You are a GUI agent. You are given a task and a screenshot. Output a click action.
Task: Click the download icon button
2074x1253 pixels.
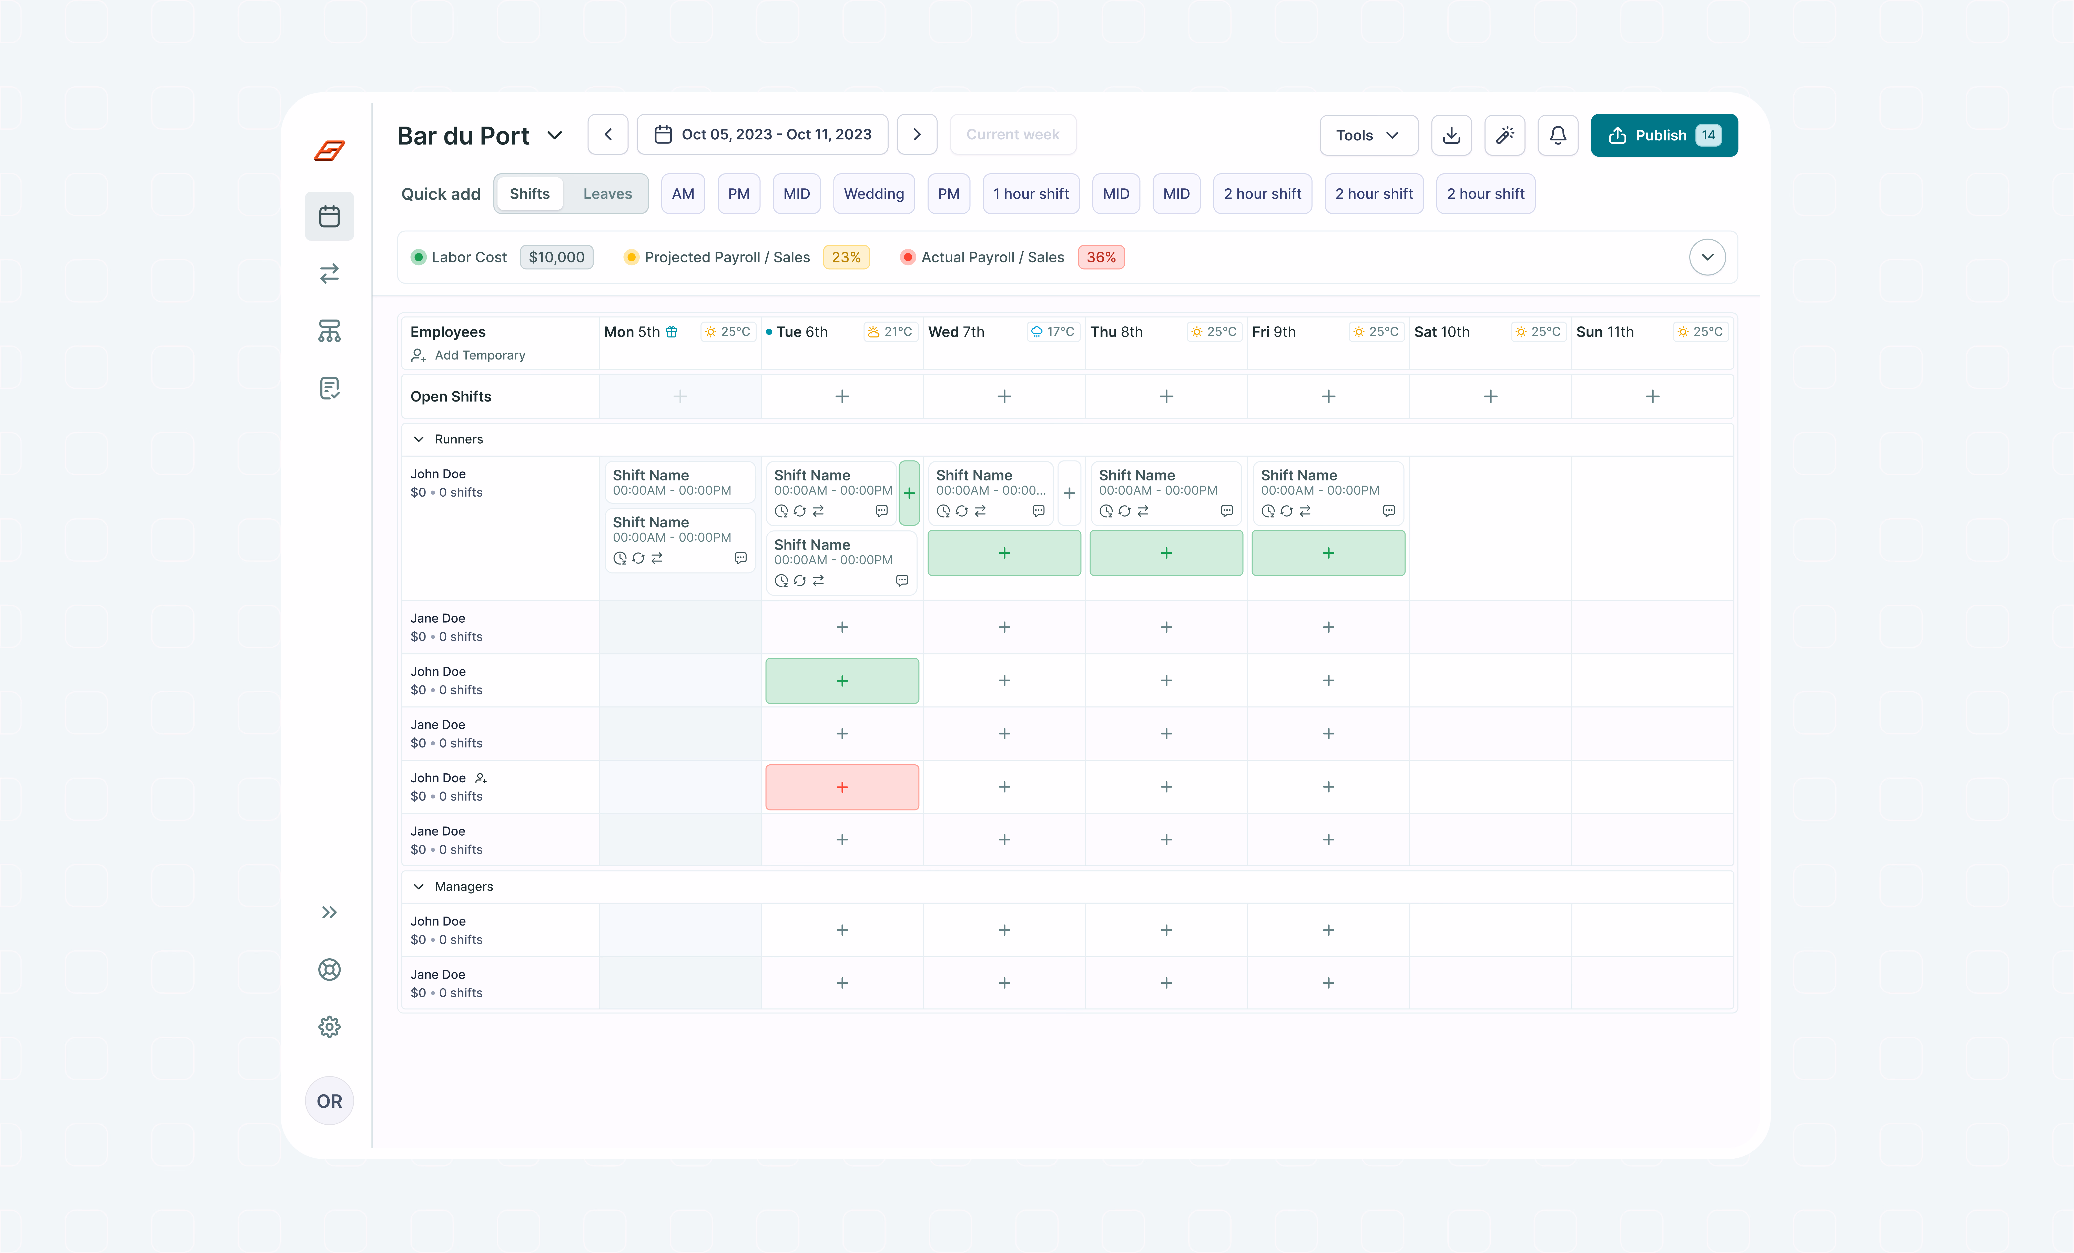[1451, 136]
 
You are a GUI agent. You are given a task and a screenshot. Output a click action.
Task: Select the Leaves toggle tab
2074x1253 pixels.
[607, 193]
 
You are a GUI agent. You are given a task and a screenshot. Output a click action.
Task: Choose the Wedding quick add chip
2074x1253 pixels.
[874, 193]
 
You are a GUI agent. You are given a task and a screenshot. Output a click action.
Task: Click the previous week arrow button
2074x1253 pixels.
[608, 135]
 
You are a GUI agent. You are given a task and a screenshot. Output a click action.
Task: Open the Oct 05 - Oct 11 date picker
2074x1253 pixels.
[762, 135]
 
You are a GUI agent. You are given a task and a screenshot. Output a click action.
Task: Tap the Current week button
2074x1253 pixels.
[1013, 135]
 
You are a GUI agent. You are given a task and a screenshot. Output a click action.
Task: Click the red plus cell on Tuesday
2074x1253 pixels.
[842, 787]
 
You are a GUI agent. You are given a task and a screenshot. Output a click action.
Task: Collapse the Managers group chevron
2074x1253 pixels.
[418, 886]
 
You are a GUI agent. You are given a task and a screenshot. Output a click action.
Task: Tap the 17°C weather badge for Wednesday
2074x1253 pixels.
[1052, 332]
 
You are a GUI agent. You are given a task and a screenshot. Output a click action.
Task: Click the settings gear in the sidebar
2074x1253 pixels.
[329, 1027]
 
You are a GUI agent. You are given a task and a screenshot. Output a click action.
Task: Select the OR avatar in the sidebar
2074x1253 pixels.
[329, 1101]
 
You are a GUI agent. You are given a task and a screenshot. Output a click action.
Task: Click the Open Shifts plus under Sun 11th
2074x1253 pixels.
[1652, 396]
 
